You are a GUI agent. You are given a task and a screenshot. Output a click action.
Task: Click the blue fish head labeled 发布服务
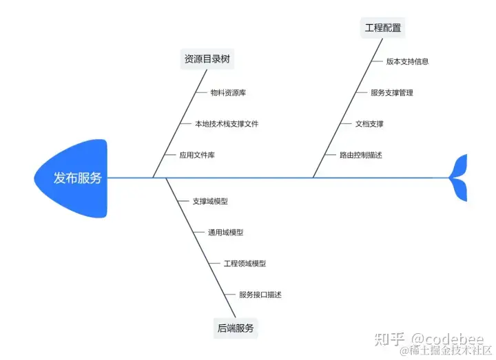click(x=72, y=178)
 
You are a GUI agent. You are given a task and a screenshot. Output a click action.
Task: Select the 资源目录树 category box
click(x=208, y=59)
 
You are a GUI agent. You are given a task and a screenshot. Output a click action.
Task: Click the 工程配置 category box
click(x=383, y=28)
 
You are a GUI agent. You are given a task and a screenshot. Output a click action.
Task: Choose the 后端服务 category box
click(x=236, y=328)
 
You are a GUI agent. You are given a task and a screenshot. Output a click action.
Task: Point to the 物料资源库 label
click(x=228, y=92)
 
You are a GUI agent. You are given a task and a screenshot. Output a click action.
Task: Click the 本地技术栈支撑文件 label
click(x=227, y=124)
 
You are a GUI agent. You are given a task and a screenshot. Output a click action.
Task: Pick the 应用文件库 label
click(x=197, y=155)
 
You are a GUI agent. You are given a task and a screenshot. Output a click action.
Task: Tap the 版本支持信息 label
click(x=407, y=61)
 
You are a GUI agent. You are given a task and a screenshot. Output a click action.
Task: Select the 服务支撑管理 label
click(x=392, y=92)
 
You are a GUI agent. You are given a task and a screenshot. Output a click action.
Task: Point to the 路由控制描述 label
click(x=361, y=155)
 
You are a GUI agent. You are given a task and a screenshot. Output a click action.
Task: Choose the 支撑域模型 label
click(x=210, y=201)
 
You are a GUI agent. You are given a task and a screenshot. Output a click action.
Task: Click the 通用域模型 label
click(x=226, y=232)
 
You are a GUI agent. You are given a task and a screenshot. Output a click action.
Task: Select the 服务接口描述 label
click(x=260, y=295)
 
